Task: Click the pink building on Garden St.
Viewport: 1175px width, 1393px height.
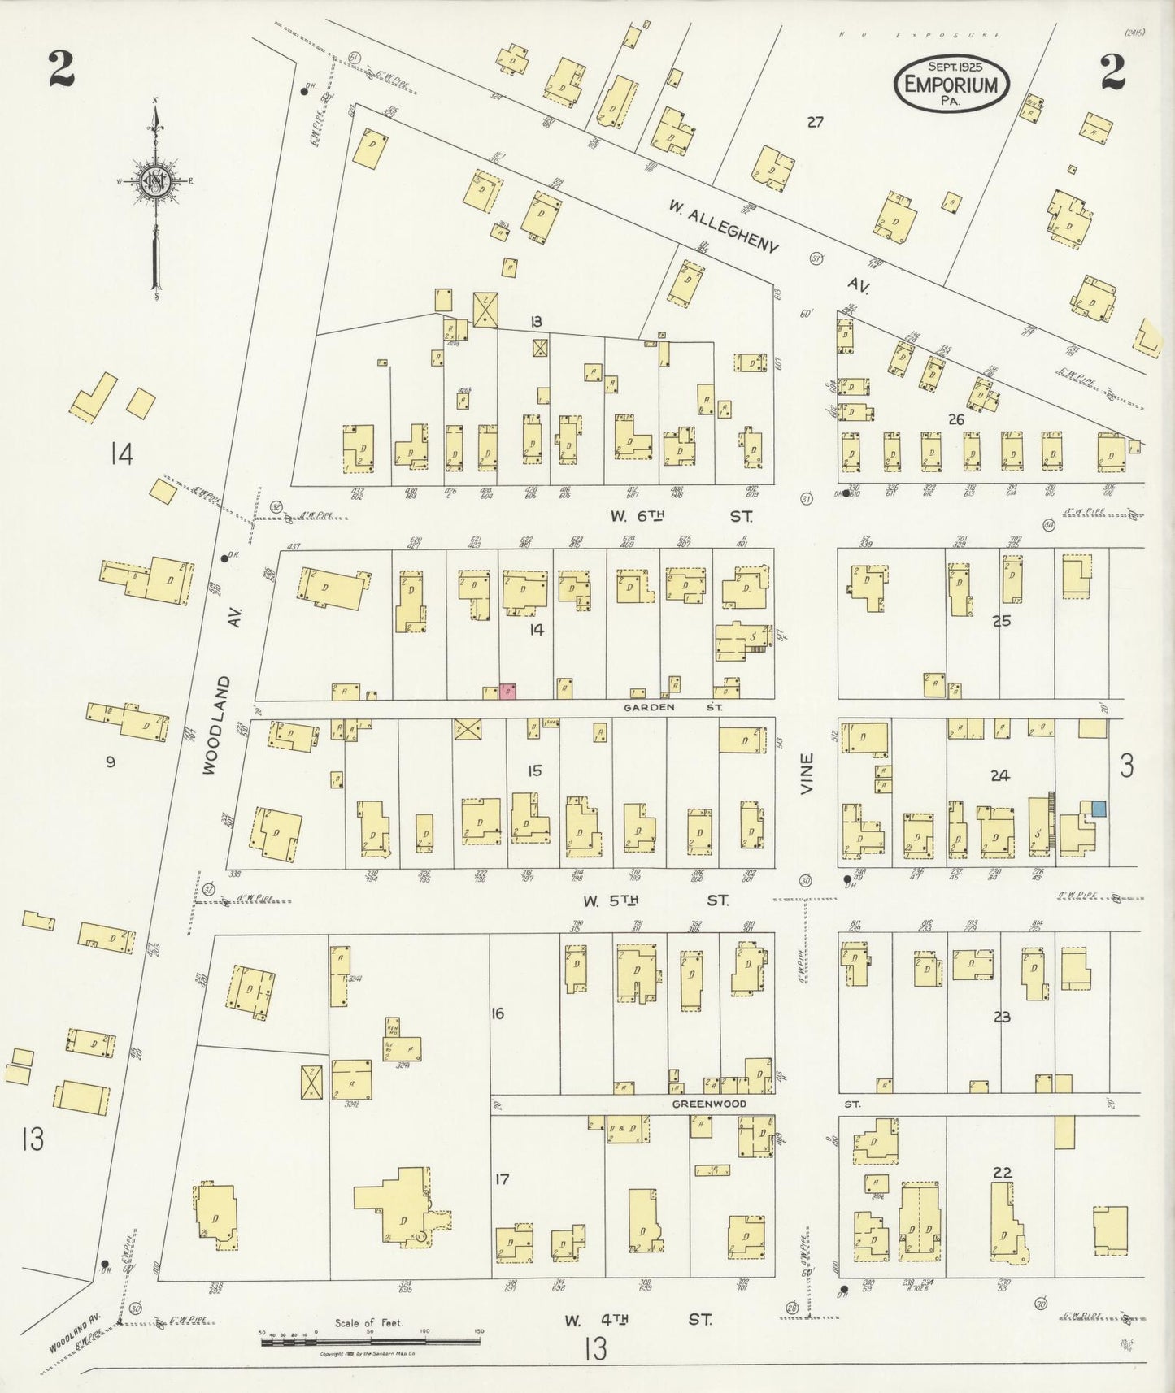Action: (x=508, y=692)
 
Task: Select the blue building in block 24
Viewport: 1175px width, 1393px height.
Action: (x=1099, y=809)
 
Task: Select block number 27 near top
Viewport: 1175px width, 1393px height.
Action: (x=815, y=122)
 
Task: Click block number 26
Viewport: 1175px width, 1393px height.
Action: (x=955, y=419)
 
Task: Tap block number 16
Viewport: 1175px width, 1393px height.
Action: (x=498, y=1013)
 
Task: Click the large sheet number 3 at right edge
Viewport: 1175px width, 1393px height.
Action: (x=1126, y=766)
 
